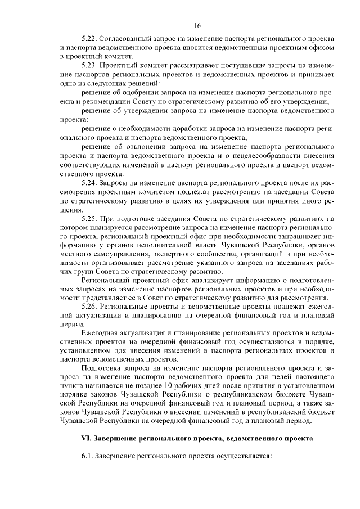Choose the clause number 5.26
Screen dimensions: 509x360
(90, 306)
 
